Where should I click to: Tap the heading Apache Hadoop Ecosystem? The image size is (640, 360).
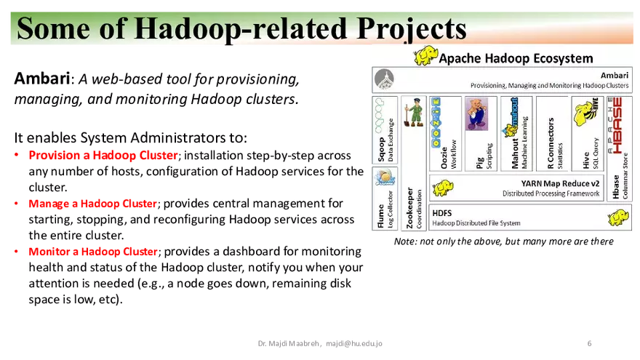tap(517, 58)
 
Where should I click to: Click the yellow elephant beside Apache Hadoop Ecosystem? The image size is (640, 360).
tap(425, 57)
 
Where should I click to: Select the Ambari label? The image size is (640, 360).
tap(614, 75)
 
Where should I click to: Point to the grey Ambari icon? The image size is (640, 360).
tap(383, 79)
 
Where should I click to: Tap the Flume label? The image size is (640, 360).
tap(380, 216)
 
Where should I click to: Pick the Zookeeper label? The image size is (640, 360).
tap(410, 207)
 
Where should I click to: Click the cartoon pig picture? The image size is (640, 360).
tap(476, 114)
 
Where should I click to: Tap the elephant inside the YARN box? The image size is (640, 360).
tap(442, 189)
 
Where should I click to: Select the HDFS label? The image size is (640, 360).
tap(442, 213)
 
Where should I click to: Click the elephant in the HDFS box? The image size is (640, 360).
tap(617, 217)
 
